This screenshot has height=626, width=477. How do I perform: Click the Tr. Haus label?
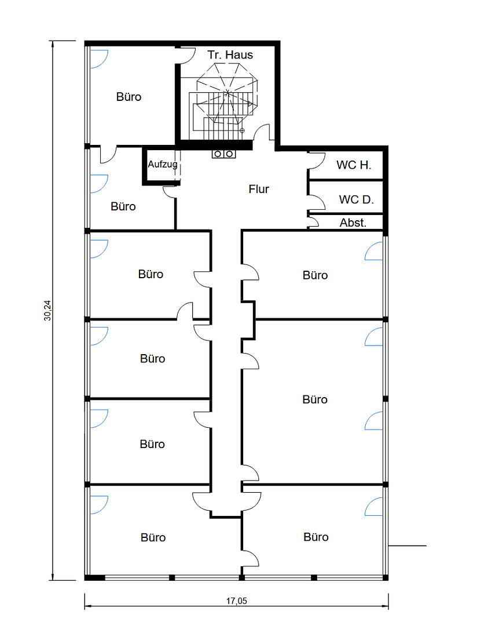pyautogui.click(x=230, y=55)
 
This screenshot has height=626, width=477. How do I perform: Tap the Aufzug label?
pyautogui.click(x=162, y=164)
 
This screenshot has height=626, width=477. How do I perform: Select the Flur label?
pyautogui.click(x=259, y=189)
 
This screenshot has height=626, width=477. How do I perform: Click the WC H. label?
pyautogui.click(x=354, y=165)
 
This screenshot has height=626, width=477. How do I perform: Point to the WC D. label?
pyautogui.click(x=356, y=200)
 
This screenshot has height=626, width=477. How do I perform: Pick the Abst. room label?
pyautogui.click(x=353, y=222)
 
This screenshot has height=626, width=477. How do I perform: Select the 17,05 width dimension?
pyautogui.click(x=236, y=601)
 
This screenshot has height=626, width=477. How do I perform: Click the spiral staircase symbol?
pyautogui.click(x=227, y=96)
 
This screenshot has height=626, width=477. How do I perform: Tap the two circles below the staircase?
pyautogui.click(x=223, y=154)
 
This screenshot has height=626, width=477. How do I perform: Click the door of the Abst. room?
pyautogui.click(x=313, y=221)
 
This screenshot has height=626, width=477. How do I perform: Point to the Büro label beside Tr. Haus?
pyautogui.click(x=129, y=97)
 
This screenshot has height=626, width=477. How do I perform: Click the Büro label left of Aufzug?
pyautogui.click(x=123, y=206)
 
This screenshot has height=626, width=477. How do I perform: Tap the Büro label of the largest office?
pyautogui.click(x=315, y=399)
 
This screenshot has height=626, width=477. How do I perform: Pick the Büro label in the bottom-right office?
pyautogui.click(x=316, y=537)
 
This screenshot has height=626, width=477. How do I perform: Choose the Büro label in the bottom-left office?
pyautogui.click(x=153, y=537)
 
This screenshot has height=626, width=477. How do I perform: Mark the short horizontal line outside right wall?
pyautogui.click(x=408, y=545)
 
